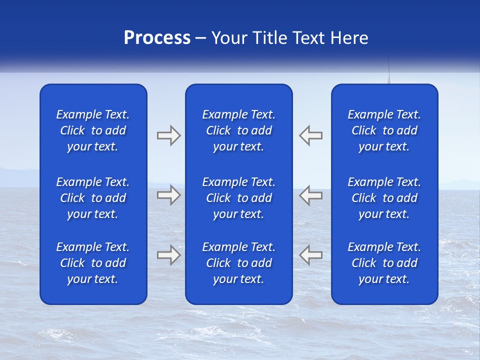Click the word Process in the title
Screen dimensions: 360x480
coord(157,38)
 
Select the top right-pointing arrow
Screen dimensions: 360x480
coord(168,135)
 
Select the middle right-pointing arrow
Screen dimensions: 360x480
coord(168,195)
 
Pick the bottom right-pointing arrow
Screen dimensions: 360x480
coord(168,254)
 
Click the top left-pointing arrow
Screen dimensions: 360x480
coord(310,135)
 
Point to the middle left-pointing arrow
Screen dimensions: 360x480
coord(310,195)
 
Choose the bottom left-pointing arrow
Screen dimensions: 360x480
coord(310,254)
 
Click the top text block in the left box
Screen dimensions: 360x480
coord(93,130)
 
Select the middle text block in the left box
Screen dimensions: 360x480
coord(93,198)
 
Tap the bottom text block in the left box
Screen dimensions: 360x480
coord(93,263)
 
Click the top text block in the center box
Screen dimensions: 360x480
coord(238,130)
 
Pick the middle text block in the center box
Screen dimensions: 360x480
coord(238,198)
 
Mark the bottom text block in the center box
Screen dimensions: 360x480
coord(238,263)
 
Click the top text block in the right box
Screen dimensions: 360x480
coord(384,130)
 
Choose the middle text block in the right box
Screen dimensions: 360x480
coord(384,198)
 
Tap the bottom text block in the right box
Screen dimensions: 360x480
coord(384,263)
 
